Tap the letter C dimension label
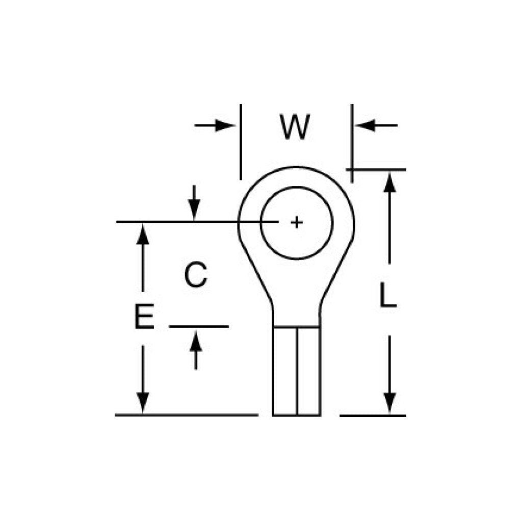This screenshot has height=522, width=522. pos(196,275)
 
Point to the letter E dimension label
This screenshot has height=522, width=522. pos(144,317)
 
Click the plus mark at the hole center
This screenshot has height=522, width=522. pos(296,222)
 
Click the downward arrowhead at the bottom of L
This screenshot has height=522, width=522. pos(389,403)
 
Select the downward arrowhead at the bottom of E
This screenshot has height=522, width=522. pos(144,403)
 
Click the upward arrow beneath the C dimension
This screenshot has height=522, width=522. pos(196,347)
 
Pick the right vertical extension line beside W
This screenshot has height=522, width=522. pos(352,143)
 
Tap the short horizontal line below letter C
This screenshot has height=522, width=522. pos(199,326)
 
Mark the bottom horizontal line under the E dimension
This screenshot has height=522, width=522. pos(187,415)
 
